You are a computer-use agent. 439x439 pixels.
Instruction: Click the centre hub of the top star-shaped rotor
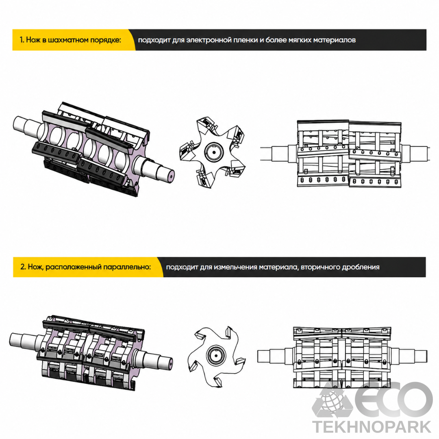pos(214,152)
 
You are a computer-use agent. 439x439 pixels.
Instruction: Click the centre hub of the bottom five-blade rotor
pos(216,356)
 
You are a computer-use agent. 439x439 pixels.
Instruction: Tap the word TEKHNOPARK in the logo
pos(372,427)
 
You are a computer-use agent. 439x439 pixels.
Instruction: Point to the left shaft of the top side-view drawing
pos(278,154)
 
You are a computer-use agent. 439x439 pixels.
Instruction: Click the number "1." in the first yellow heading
pos(22,40)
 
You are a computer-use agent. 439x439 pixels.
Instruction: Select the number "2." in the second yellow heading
pos(23,267)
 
